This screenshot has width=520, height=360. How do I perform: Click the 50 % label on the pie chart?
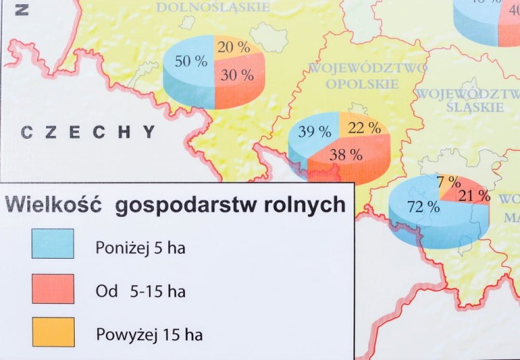(x=191, y=62)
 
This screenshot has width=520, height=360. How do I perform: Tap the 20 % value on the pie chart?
(x=234, y=47)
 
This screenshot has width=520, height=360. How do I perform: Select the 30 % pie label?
(x=237, y=76)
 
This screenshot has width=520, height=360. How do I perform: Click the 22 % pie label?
(x=363, y=128)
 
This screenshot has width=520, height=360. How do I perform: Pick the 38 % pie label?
(x=346, y=155)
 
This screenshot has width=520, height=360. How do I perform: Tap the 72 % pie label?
(x=424, y=206)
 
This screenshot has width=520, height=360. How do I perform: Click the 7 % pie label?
(x=449, y=182)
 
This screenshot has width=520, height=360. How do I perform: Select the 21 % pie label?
(x=474, y=196)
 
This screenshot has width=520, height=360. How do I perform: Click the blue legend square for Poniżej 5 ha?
(x=53, y=243)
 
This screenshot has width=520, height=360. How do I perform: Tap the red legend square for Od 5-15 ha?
(x=53, y=289)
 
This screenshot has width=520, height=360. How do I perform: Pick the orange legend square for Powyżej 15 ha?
(x=53, y=332)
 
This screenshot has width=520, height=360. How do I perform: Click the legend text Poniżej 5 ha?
(x=140, y=248)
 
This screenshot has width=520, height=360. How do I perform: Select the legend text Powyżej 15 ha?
(x=149, y=336)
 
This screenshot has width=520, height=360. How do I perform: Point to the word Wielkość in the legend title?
(x=53, y=205)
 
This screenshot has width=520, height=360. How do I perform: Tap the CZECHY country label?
(x=88, y=132)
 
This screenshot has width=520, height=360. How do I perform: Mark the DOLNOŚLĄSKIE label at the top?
(x=213, y=7)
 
